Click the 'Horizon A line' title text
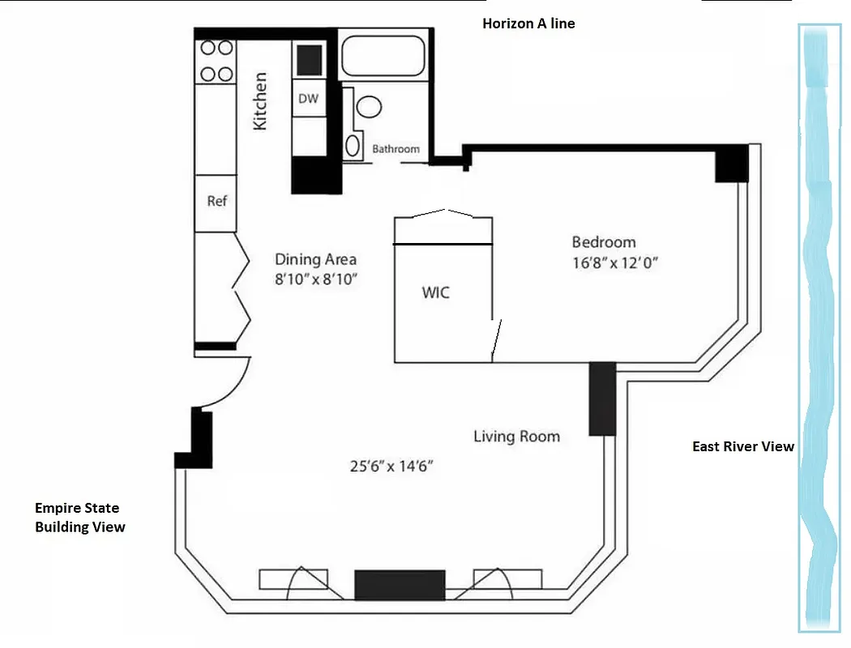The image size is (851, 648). click(528, 23)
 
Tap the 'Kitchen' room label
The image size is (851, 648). click(260, 101)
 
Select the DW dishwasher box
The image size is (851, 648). click(308, 99)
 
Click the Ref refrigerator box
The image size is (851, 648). click(216, 202)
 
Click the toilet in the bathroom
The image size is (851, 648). click(370, 107)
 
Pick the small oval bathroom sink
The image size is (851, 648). click(353, 146)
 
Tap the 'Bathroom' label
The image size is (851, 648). click(396, 149)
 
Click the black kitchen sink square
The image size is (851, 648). click(309, 59)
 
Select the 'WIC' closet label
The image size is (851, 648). click(435, 292)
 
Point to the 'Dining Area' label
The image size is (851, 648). click(315, 260)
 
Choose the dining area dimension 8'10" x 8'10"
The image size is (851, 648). click(316, 279)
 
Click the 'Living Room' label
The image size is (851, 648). click(516, 437)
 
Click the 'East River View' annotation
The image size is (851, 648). click(743, 446)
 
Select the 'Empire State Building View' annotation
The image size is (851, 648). click(79, 518)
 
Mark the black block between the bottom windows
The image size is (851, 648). click(400, 585)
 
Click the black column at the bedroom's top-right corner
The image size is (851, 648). click(731, 165)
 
